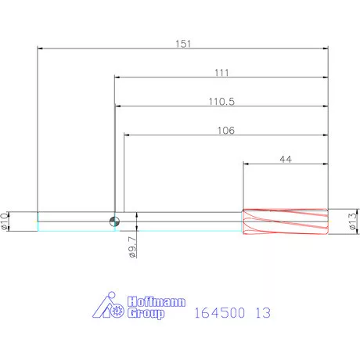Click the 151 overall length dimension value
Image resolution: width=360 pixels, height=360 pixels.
point(183,44)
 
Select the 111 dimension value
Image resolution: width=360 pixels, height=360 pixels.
point(221,73)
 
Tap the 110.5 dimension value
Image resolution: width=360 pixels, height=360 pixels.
point(221,101)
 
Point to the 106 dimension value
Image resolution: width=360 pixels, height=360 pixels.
point(226,130)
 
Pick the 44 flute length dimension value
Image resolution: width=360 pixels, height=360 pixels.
point(286,159)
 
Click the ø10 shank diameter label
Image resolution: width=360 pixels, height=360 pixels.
point(4,221)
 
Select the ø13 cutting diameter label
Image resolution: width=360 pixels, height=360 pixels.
point(353,221)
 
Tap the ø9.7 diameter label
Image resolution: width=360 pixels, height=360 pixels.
point(133,247)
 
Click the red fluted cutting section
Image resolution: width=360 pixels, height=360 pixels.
point(286,221)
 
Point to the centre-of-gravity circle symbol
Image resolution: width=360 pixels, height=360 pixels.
point(114,221)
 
